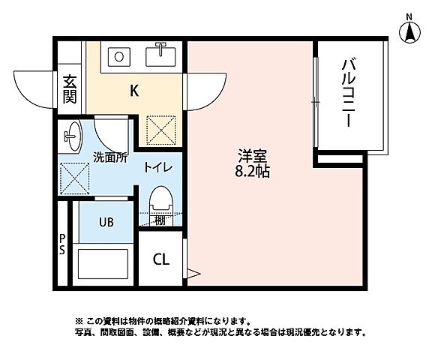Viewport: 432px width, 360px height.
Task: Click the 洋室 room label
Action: pyautogui.click(x=253, y=157)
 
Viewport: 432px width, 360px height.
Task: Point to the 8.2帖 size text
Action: pyautogui.click(x=253, y=172)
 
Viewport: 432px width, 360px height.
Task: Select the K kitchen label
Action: pyautogui.click(x=134, y=91)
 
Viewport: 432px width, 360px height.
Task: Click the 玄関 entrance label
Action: pyautogui.click(x=70, y=88)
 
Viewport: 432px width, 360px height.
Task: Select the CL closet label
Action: pyautogui.click(x=161, y=260)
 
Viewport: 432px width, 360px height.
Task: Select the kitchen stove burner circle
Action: pyautogui.click(x=118, y=55)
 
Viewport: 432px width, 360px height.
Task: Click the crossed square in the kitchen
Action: pyautogui.click(x=161, y=129)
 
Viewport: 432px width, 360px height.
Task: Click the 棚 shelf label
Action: pyautogui.click(x=160, y=220)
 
